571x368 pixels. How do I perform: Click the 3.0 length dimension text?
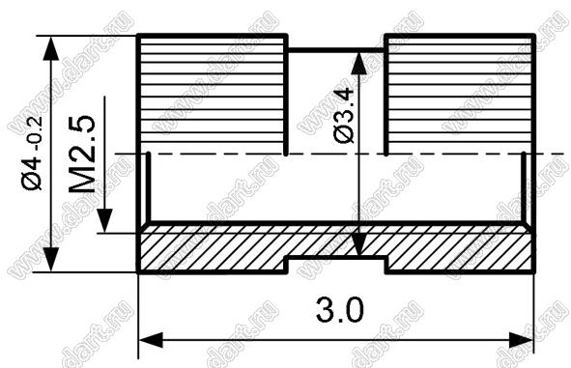(340, 310)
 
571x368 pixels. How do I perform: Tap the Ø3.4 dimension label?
(344, 115)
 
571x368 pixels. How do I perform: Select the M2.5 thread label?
(82, 154)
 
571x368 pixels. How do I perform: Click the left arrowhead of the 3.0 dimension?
(151, 340)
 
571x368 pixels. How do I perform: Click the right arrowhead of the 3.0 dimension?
(522, 340)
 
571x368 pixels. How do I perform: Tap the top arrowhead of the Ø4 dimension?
(50, 48)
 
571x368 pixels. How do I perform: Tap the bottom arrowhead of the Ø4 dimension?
(50, 259)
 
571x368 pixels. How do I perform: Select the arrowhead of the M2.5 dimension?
(104, 220)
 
